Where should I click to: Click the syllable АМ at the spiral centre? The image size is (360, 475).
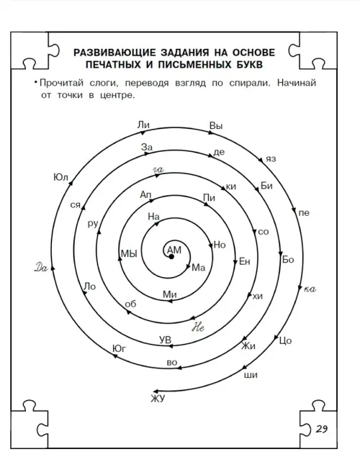pos(174,250)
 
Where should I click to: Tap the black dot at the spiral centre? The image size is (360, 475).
pos(171,257)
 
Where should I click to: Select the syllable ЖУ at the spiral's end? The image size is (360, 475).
pos(158,399)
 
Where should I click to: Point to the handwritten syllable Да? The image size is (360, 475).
pos(41,268)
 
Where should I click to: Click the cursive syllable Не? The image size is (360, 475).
pos(198,327)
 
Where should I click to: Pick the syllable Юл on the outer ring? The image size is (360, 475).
pos(60,177)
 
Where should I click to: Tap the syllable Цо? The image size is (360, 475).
pos(285,341)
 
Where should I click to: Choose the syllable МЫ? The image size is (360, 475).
pos(129,253)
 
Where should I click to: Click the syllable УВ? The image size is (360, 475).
pos(165,340)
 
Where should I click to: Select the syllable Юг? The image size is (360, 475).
pos(119,348)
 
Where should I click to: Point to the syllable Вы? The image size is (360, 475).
pos(216,126)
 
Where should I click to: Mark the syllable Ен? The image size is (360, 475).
pos(245,261)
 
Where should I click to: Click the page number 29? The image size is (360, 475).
pos(322,429)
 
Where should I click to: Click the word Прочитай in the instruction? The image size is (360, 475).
pos(61,83)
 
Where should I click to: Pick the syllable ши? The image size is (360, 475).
pos(251,375)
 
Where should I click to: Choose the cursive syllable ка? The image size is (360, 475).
pos(310,289)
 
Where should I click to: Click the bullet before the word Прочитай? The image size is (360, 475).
pos(36,82)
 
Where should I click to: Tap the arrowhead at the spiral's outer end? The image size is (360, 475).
pos(156,391)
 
